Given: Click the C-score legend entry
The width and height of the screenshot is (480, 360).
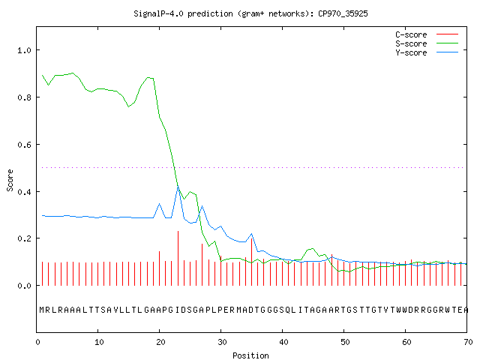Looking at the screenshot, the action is click(x=427, y=34).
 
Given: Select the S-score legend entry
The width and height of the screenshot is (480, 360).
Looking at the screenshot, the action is click(x=427, y=43).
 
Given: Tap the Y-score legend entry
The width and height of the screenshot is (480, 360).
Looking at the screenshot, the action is click(x=427, y=52).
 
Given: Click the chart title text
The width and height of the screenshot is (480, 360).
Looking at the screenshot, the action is click(x=250, y=13).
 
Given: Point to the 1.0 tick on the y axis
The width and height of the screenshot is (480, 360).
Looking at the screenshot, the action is click(x=24, y=50).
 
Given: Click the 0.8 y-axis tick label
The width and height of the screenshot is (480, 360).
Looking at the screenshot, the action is click(x=24, y=97).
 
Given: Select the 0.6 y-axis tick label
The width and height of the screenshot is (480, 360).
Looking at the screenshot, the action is click(x=24, y=145).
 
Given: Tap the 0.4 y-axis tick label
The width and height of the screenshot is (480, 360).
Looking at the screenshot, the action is click(x=24, y=192).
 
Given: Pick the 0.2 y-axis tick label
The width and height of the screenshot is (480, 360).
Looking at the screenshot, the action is click(x=24, y=238).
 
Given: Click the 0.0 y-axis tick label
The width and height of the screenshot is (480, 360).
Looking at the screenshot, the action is click(x=24, y=286).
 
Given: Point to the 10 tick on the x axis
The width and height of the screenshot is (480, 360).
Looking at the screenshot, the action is click(x=99, y=342).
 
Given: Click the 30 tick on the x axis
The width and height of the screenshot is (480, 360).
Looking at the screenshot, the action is click(x=222, y=342).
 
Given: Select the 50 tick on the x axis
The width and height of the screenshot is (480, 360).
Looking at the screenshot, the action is click(x=345, y=342).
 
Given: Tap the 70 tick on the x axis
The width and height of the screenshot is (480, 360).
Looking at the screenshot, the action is click(x=468, y=342).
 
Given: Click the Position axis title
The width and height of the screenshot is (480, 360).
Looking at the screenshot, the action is click(x=250, y=355).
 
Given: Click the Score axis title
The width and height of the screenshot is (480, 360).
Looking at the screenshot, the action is click(x=10, y=181).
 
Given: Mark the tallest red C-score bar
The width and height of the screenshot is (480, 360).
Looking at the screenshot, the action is click(x=178, y=258).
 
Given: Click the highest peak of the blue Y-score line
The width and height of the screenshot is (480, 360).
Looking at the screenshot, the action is click(x=178, y=186).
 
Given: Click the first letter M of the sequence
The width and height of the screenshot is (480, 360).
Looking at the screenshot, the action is click(x=42, y=310).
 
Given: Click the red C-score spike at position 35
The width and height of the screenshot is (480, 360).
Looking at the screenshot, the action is click(x=252, y=262).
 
